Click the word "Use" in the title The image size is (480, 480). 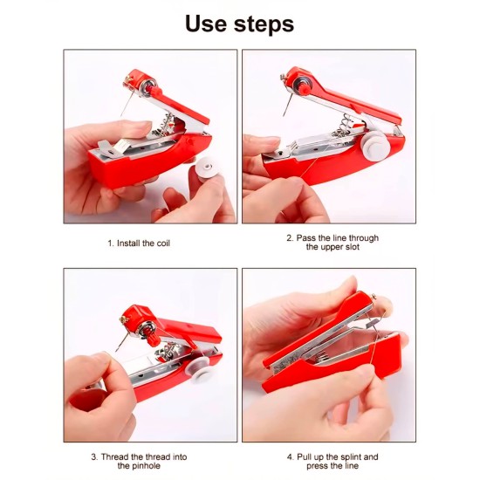[x=207, y=24]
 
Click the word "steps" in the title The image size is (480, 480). [x=264, y=24]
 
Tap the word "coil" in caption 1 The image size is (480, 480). [x=163, y=243]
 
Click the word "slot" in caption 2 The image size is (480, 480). [x=353, y=247]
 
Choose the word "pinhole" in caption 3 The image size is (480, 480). [x=147, y=466]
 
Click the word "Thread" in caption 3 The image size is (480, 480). [x=115, y=457]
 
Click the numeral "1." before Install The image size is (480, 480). [x=111, y=243]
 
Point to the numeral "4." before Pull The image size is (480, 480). [x=291, y=457]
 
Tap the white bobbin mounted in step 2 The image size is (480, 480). [x=374, y=147]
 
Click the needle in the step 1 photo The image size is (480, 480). [x=127, y=103]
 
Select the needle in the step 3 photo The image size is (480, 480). [x=121, y=341]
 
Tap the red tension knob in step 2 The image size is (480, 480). [x=305, y=88]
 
